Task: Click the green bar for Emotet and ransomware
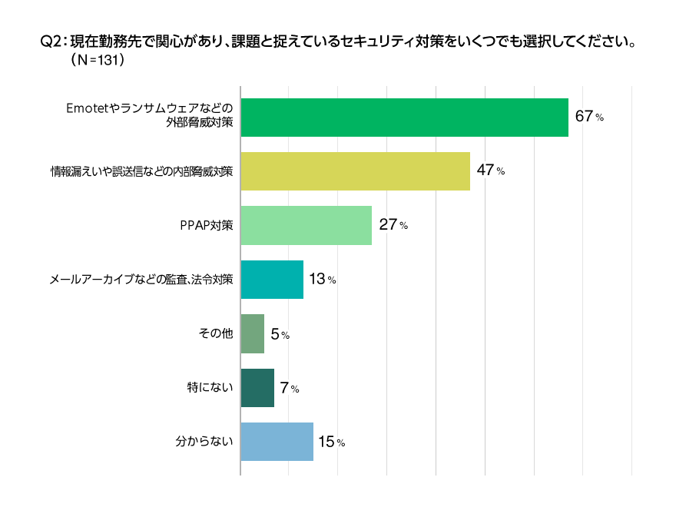coord(404,118)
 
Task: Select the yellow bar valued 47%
coord(355,171)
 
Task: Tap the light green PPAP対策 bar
coord(306,225)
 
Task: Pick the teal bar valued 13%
coord(272,280)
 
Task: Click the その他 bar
coord(252,334)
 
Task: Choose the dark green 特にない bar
coord(257,388)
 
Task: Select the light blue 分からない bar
coord(277,442)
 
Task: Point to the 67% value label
coord(589,117)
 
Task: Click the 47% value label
coord(490,171)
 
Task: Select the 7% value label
coord(289,388)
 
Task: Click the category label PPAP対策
coord(205,226)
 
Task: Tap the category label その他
coord(216,334)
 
